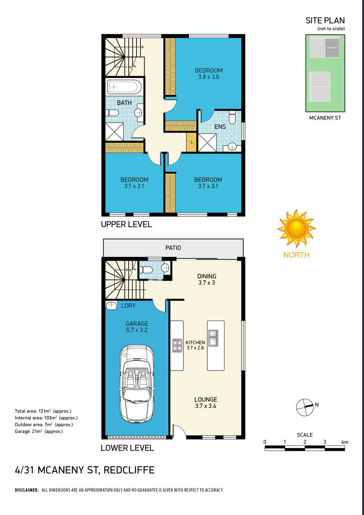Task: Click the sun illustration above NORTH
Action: [x=296, y=229]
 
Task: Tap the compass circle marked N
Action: [x=305, y=407]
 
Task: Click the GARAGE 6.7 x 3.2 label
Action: [x=137, y=326]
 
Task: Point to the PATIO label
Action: [x=173, y=248]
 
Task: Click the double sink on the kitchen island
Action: [x=213, y=338]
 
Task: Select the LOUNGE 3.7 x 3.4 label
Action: [x=206, y=403]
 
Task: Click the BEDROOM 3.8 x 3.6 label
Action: [x=209, y=74]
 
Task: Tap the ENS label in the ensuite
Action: [x=220, y=127]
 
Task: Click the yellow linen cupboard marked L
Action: [x=192, y=142]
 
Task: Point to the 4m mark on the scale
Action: [x=344, y=442]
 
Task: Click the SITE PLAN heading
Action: [x=325, y=21]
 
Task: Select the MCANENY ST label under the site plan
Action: [x=325, y=118]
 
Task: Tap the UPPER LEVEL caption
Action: [x=126, y=224]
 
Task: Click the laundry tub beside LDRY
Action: [x=112, y=306]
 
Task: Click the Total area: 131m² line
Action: [x=43, y=411]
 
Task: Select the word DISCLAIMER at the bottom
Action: [x=27, y=490]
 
